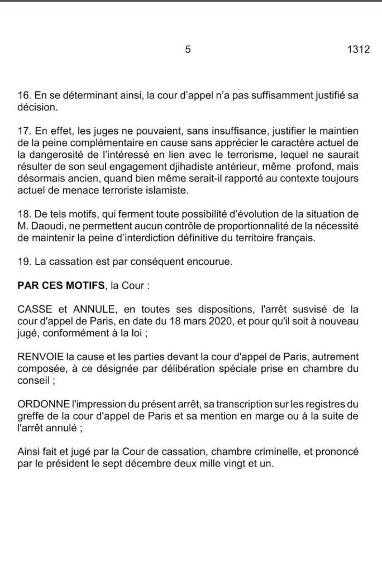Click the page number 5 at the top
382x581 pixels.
(x=188, y=50)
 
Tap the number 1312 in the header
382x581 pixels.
(x=359, y=50)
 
